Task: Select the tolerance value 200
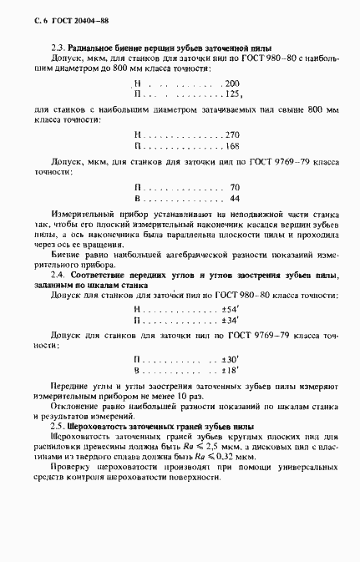pos(231,85)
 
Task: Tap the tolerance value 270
pos(232,134)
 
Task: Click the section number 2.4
pos(58,274)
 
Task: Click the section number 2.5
pos(58,426)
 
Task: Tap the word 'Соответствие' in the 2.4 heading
pos(102,274)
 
